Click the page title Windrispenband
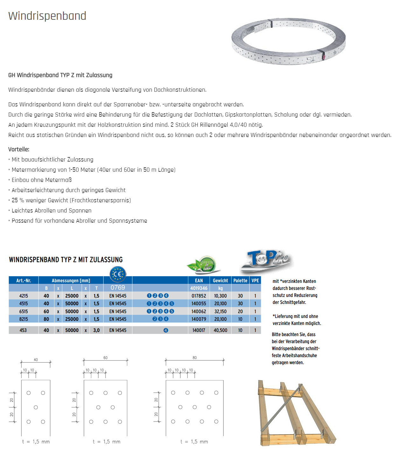tap(47, 16)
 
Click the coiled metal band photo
tap(288, 41)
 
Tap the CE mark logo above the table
tap(118, 274)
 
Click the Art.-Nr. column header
tap(24, 281)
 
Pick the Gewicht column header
tap(220, 281)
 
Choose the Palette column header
tap(240, 281)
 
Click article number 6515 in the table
tap(24, 312)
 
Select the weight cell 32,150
tap(220, 312)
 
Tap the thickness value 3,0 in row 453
tap(96, 330)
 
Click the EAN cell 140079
tap(199, 319)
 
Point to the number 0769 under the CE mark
tap(118, 288)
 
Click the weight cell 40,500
tap(220, 330)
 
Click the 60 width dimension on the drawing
tap(105, 358)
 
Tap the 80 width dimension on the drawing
tap(195, 358)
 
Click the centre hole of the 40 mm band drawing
tap(36, 407)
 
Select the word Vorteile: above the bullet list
tap(19, 149)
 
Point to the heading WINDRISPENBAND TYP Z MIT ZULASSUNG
tap(66, 260)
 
